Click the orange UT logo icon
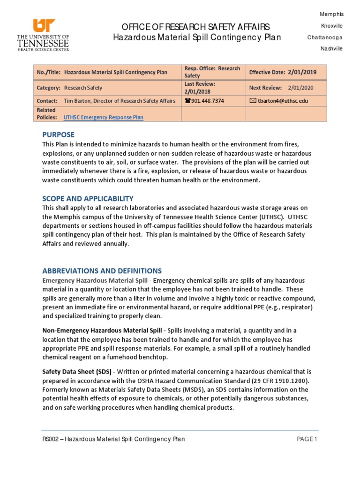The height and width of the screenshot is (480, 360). point(44,26)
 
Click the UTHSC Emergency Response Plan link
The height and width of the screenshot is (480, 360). point(104,118)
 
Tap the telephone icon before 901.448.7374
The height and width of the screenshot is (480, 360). point(187,101)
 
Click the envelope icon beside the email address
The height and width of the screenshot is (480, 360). point(253,101)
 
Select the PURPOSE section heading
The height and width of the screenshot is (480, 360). point(58,135)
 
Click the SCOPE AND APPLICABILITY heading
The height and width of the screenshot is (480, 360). point(88,198)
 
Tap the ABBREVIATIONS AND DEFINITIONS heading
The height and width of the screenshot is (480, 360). point(102,271)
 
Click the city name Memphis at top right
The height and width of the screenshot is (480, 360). point(331,14)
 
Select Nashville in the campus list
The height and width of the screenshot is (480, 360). point(331,49)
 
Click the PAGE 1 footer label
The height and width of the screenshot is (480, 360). point(307,439)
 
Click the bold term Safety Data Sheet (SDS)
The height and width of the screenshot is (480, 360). point(77,372)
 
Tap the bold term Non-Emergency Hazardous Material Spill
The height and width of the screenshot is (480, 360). point(103,331)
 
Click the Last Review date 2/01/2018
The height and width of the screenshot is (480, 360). point(197,92)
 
